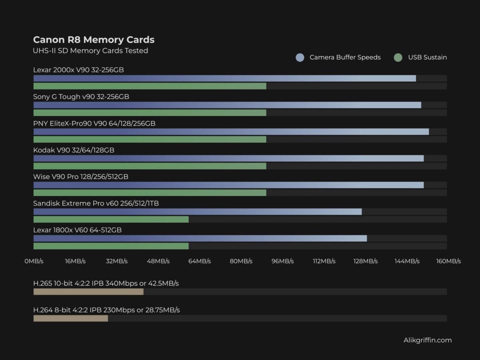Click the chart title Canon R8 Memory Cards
point(94,40)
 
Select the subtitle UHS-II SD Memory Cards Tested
point(90,51)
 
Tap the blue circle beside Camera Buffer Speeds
point(300,58)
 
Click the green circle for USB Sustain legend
point(398,58)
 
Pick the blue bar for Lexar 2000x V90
point(224,78)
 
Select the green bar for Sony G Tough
point(150,113)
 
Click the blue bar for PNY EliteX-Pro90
point(231,132)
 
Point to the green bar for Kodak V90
point(150,166)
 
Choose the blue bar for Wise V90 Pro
point(228,185)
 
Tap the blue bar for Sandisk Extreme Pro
point(197,212)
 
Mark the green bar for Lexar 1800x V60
point(111,246)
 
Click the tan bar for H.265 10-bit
point(88,292)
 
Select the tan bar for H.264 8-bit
point(70,318)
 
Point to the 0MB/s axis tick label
point(34,261)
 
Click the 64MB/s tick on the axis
point(199,261)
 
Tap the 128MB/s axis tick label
point(365,261)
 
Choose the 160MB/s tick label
point(448,261)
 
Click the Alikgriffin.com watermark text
point(428,340)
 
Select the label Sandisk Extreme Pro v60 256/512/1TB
point(96,204)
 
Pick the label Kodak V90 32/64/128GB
point(74,150)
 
